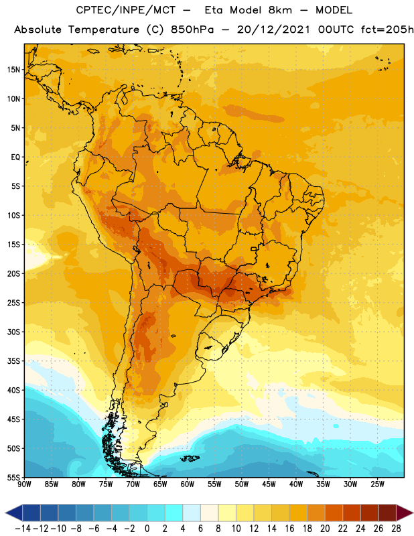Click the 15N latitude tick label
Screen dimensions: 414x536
pyautogui.click(x=13, y=70)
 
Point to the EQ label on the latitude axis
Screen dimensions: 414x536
pyautogui.click(x=15, y=157)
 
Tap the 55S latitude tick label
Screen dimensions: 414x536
pyautogui.click(x=13, y=477)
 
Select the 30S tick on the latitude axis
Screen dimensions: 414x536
pyautogui.click(x=13, y=332)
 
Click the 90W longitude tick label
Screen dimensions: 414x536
pyautogui.click(x=24, y=484)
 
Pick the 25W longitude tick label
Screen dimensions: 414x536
pyautogui.click(x=377, y=484)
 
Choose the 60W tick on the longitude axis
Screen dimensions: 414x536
pyautogui.click(x=188, y=484)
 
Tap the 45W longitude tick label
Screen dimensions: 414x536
pyautogui.click(x=269, y=484)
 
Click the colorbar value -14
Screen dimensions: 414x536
pyautogui.click(x=23, y=529)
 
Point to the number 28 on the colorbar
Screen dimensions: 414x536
pyautogui.click(x=396, y=529)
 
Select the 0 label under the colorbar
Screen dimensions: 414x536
pyautogui.click(x=147, y=529)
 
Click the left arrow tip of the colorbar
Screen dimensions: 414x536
pyautogui.click(x=5, y=513)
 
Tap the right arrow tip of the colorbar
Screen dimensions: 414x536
pyautogui.click(x=413, y=513)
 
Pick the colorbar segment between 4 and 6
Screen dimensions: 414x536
pyautogui.click(x=192, y=513)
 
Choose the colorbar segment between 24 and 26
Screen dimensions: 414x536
pyautogui.click(x=369, y=513)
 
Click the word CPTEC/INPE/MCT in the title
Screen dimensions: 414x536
pyautogui.click(x=126, y=10)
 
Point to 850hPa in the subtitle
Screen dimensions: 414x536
pyautogui.click(x=192, y=29)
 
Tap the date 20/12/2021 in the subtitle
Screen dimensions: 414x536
pyautogui.click(x=273, y=29)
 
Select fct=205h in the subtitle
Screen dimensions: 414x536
pyautogui.click(x=387, y=29)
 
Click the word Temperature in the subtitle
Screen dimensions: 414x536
pyautogui.click(x=104, y=30)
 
